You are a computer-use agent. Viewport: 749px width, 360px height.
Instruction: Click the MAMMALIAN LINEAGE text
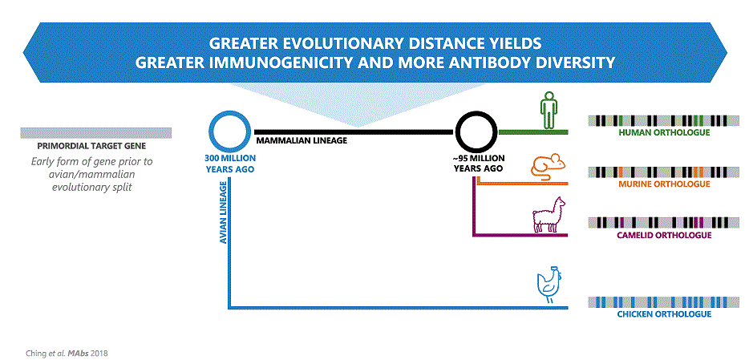[x=301, y=141]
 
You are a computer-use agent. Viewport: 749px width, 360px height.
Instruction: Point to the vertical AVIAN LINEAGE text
[x=224, y=215]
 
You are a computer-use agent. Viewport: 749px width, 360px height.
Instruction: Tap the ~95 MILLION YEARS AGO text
[x=478, y=164]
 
